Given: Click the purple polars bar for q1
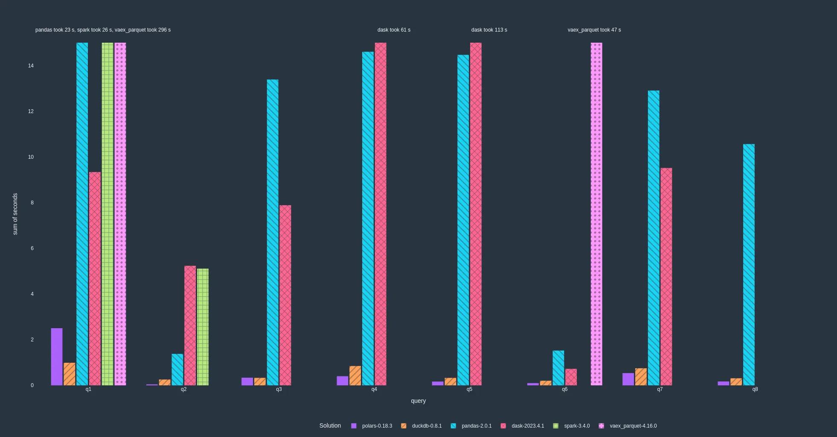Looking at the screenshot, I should tap(57, 357).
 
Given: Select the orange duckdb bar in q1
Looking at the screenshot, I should tap(70, 374).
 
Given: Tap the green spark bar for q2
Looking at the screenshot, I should tap(203, 327).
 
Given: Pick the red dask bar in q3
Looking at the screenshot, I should tap(285, 295).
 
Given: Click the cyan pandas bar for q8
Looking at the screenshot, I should tap(749, 265).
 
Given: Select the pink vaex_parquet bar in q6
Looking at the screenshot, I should tap(596, 213).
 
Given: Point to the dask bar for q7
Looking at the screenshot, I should tap(666, 277).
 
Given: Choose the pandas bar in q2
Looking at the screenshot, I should tap(177, 370).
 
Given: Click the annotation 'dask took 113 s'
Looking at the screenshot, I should tap(489, 30).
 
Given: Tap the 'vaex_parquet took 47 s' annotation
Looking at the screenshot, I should tap(594, 30).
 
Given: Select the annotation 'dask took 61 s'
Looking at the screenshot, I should tap(394, 30).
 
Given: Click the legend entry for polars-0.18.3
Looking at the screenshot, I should tap(372, 426).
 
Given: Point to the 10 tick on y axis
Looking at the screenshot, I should tap(31, 157).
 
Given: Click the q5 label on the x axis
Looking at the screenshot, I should tap(469, 389).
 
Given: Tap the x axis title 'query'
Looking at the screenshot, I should tap(418, 401).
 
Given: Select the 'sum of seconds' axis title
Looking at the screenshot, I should tap(15, 214).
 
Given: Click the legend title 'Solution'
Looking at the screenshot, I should tap(330, 425).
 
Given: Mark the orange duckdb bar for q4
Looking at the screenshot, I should tap(355, 376).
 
